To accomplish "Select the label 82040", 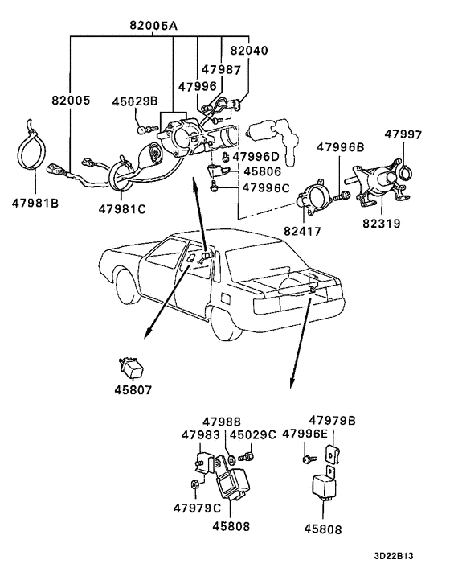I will (245, 50).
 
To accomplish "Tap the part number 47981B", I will (35, 203).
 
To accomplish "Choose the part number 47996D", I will (257, 156).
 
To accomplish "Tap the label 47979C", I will (196, 508).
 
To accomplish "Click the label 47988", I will (221, 422).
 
